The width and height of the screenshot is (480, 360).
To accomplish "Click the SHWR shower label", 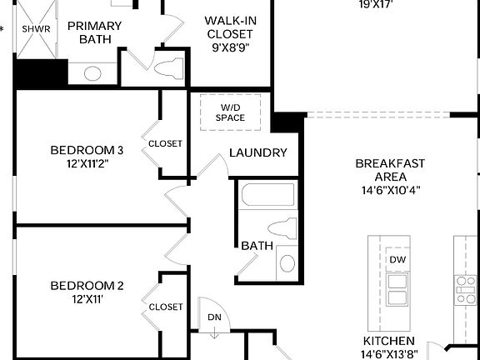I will [x=36, y=28].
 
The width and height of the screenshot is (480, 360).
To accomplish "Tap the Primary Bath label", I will [x=94, y=32].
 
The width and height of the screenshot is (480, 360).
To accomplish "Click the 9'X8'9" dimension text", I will [x=231, y=47].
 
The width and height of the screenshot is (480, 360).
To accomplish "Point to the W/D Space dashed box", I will [x=232, y=112].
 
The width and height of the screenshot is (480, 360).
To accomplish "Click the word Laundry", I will [x=258, y=152].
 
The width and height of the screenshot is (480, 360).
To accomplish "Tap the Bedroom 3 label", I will [x=87, y=150].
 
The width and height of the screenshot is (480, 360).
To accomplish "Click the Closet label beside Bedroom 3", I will [x=165, y=143].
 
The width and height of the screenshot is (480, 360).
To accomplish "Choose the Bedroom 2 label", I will [x=87, y=286].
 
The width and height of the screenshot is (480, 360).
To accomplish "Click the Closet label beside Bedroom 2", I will [x=165, y=307].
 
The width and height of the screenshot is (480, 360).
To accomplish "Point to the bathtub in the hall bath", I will [x=267, y=197].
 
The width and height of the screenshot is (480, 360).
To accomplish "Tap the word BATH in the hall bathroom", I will [x=257, y=247].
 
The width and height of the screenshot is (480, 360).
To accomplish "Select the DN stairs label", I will [x=214, y=317].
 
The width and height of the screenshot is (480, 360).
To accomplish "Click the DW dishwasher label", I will [x=397, y=259].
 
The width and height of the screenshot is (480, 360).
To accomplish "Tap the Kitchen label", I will [x=389, y=342].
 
